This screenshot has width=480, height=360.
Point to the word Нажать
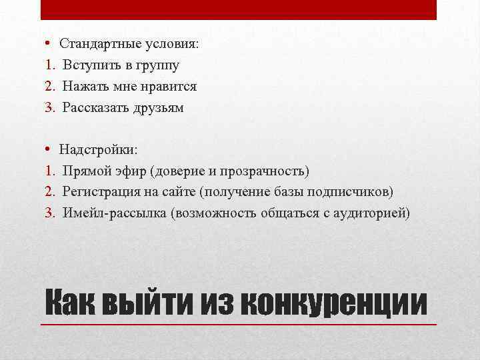tap(84, 87)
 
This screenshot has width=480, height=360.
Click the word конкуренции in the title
tap(333, 303)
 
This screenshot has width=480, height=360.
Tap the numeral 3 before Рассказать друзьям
tap(49, 108)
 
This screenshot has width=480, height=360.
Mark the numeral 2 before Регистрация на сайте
tap(49, 193)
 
